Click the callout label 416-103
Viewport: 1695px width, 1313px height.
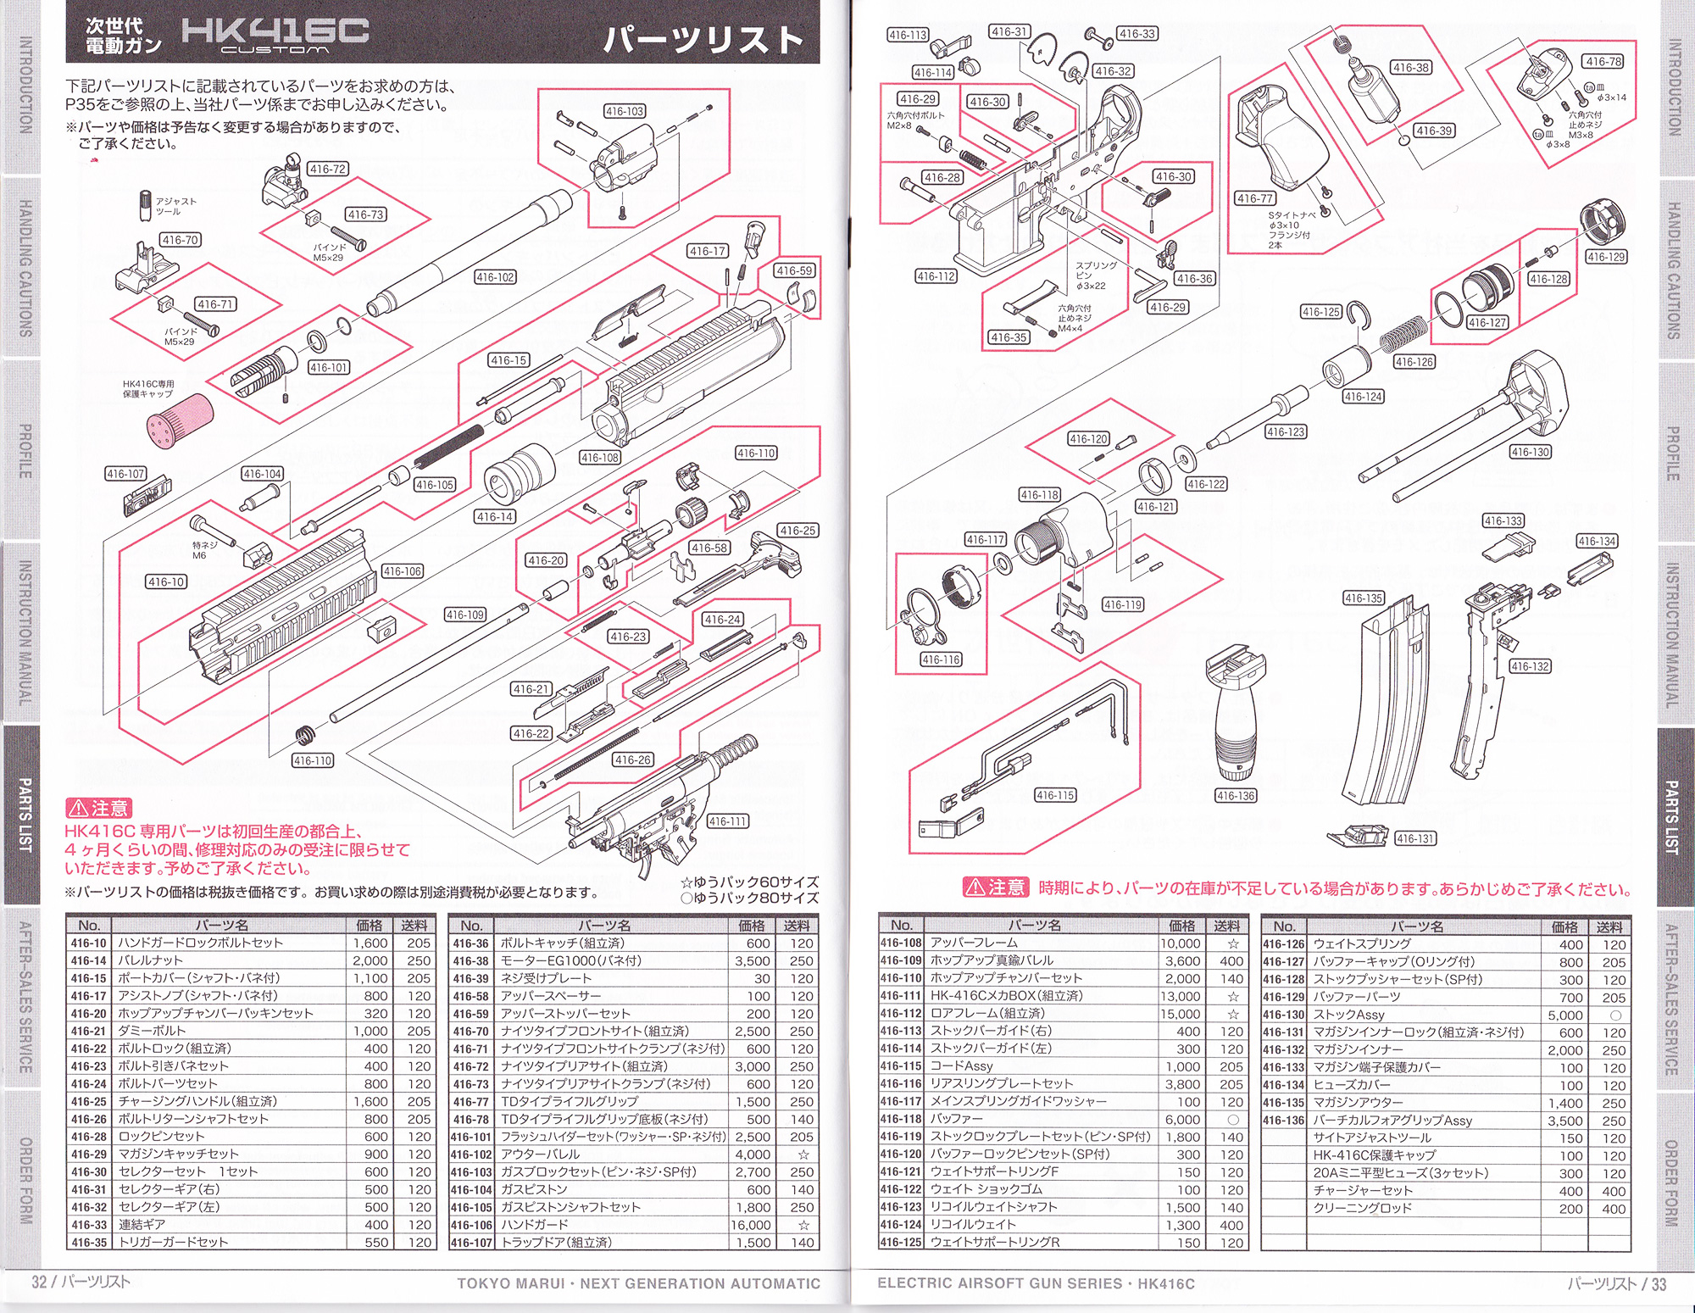[x=625, y=111]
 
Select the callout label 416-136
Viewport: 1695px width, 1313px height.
[x=1236, y=796]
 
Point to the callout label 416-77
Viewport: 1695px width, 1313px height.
[x=1255, y=198]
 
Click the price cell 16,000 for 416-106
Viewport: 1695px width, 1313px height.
[x=751, y=1225]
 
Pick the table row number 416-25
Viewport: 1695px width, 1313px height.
[x=89, y=1101]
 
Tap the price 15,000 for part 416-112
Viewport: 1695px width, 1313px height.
[x=1181, y=1014]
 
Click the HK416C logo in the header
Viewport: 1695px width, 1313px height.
[x=275, y=34]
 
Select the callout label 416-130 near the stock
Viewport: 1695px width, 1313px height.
[x=1530, y=452]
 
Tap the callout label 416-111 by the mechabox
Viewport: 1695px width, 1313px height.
[x=728, y=821]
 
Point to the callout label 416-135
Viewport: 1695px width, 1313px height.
[x=1363, y=598]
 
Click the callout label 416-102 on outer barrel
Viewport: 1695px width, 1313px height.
[x=495, y=277]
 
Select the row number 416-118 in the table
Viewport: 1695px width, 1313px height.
[x=901, y=1119]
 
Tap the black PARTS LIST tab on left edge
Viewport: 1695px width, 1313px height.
[x=25, y=815]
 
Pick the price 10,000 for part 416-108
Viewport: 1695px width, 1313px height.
[x=1181, y=943]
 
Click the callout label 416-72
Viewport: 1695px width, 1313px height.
[x=327, y=170]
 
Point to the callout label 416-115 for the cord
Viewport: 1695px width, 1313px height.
[x=1055, y=795]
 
